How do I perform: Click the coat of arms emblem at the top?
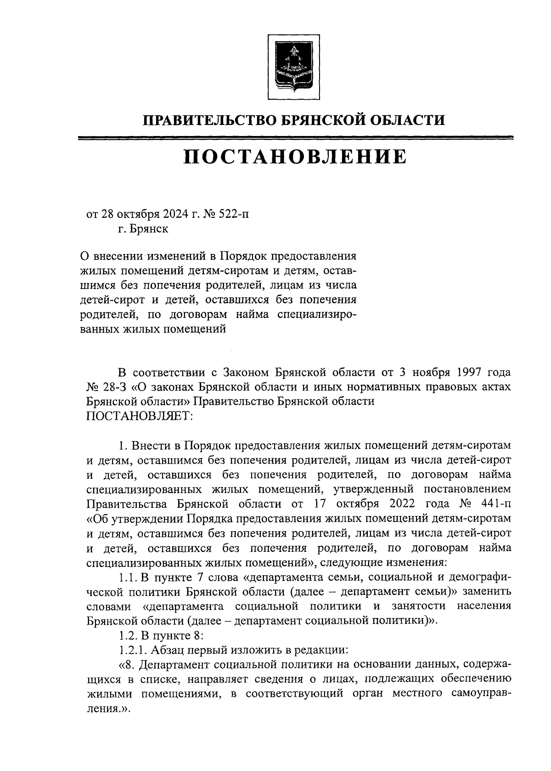[x=289, y=65]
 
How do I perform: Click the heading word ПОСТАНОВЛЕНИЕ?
[x=295, y=157]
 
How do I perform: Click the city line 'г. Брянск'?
[x=142, y=228]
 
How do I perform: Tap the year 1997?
[x=452, y=371]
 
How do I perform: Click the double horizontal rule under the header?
[x=295, y=137]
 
